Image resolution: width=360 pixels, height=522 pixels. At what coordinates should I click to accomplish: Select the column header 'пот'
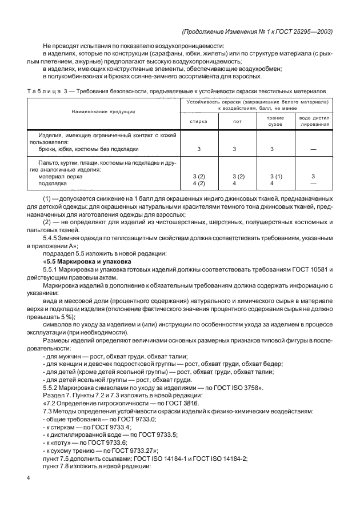point(234,121)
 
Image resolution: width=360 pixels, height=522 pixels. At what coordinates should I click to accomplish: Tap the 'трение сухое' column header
point(271,121)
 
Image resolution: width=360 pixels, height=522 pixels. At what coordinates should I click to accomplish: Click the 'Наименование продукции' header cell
point(103,112)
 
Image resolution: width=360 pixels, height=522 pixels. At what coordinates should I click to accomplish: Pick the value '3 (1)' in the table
point(271,177)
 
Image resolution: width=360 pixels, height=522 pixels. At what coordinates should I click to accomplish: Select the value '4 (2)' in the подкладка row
point(198,184)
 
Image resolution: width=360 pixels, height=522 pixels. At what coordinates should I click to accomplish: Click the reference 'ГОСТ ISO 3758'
point(235,388)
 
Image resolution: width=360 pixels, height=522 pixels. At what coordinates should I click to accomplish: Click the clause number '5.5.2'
point(51,388)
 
